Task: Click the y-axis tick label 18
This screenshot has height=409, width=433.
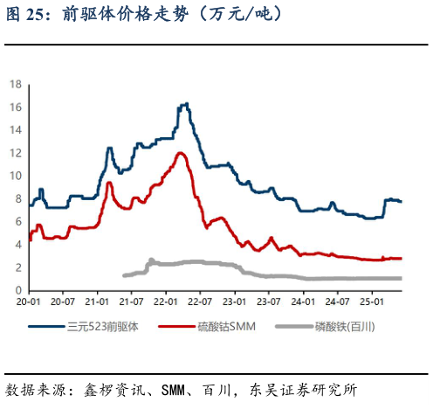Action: (x=16, y=83)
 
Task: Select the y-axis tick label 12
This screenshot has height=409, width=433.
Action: (x=16, y=152)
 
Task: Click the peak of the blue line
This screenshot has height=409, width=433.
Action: (x=184, y=104)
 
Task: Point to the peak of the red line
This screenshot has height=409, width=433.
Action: (x=181, y=153)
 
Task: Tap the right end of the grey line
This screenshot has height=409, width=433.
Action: (x=401, y=278)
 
